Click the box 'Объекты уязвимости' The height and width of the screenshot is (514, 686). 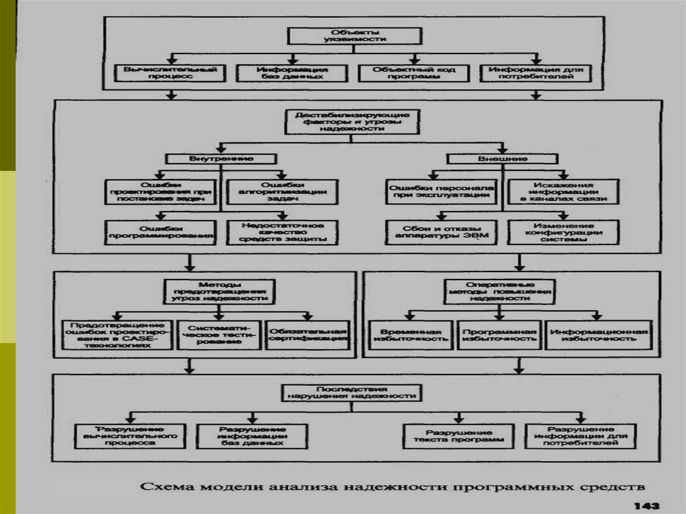tap(354, 36)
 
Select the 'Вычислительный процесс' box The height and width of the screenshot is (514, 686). tap(171, 72)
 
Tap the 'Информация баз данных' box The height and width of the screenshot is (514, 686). tap(292, 72)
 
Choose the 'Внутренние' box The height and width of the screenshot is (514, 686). tap(220, 158)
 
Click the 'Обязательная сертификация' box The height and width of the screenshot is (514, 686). tap(307, 333)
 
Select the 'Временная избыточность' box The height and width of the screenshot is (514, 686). tap(411, 335)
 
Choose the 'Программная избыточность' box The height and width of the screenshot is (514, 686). tap(500, 335)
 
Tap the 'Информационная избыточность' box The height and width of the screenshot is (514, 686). tap(596, 335)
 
